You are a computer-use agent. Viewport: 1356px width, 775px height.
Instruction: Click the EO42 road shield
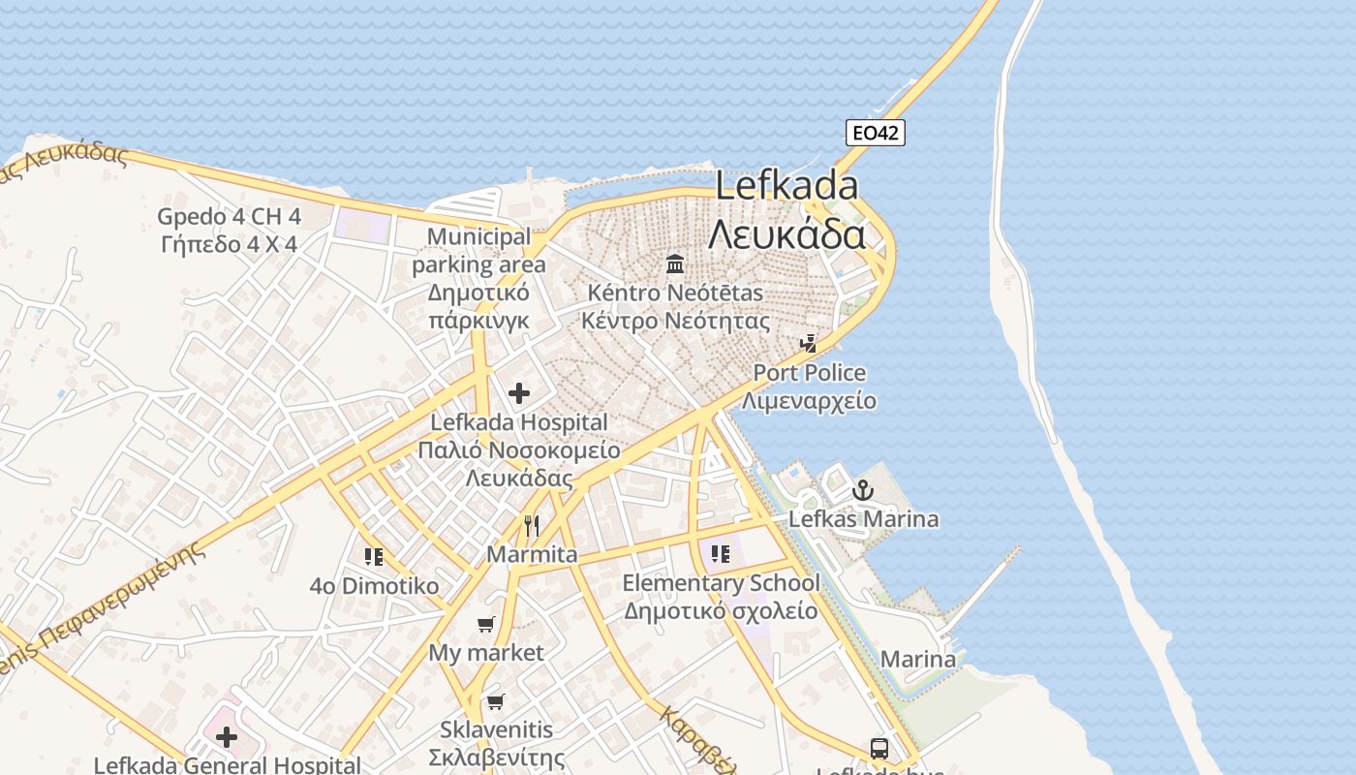(x=876, y=133)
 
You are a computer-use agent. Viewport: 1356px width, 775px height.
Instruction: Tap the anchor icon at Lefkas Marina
(x=862, y=491)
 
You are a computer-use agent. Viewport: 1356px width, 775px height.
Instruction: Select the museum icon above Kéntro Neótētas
(x=675, y=263)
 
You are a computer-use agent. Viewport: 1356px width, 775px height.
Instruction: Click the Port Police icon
(x=808, y=343)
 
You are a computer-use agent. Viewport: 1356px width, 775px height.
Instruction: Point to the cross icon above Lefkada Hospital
(x=519, y=393)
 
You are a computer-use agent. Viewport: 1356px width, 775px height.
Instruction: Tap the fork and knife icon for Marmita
(x=531, y=526)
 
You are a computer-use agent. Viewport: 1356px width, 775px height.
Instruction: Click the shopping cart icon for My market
(x=486, y=625)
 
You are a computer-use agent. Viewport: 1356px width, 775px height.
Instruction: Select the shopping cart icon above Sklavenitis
(x=496, y=701)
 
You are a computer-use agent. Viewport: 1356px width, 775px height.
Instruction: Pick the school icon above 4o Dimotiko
(x=374, y=557)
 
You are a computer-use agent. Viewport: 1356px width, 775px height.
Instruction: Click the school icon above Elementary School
(x=720, y=554)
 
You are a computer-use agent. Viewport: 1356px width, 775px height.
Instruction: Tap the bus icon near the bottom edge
(x=879, y=748)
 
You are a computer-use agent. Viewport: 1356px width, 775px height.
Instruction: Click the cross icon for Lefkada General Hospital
(x=227, y=738)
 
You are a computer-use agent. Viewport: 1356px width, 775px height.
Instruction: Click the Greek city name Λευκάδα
(x=786, y=234)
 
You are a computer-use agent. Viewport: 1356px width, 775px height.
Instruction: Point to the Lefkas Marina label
(x=863, y=519)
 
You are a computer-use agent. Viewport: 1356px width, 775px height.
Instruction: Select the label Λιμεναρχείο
(x=810, y=401)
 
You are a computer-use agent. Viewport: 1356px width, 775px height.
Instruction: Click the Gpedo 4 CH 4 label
(x=229, y=216)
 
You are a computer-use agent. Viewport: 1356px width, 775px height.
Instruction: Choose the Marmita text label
(x=532, y=555)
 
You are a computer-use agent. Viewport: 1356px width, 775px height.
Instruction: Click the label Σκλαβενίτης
(x=496, y=757)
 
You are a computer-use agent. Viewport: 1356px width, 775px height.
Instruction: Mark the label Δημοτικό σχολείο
(x=721, y=611)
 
